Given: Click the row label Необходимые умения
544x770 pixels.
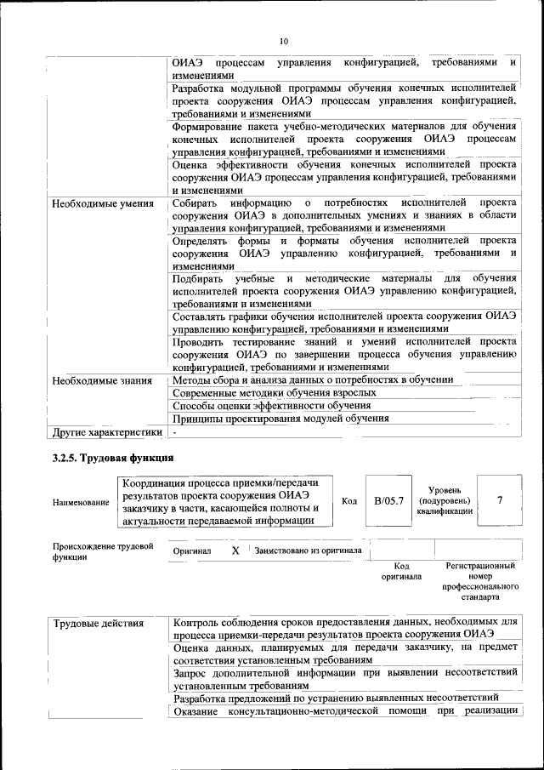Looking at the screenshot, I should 103,204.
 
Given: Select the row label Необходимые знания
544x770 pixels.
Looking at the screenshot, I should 102,380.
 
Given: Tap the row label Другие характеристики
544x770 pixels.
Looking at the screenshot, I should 107,432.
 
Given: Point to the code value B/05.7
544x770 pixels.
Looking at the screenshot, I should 388,500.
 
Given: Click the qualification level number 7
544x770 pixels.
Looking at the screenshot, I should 500,500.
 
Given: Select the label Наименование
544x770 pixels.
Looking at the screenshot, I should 81,503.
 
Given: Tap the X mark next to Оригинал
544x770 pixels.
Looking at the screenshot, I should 236,550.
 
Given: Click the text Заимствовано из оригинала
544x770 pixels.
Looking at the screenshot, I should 308,550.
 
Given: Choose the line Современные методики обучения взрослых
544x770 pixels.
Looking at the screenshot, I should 275,393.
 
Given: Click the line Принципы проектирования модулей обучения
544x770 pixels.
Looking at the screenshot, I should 280,419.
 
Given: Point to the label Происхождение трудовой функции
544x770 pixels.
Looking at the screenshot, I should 102,550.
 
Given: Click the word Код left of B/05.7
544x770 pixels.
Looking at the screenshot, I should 348,501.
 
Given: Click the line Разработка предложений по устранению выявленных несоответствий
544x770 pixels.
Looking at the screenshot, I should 347,699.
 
